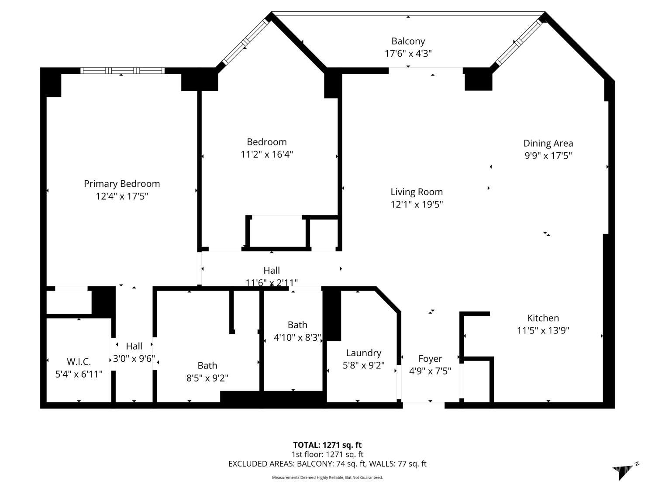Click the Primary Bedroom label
(x=122, y=184)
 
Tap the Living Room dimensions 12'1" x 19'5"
(x=417, y=205)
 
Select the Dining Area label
(x=548, y=144)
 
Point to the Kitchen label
(x=543, y=318)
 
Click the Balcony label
(x=408, y=41)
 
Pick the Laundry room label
(x=363, y=353)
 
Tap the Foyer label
(x=430, y=359)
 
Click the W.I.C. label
(x=79, y=362)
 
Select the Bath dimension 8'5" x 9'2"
(x=207, y=378)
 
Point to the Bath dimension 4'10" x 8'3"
(x=297, y=337)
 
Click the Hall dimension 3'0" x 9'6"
(x=134, y=358)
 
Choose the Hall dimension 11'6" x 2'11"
(x=272, y=282)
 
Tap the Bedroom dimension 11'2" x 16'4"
(x=267, y=155)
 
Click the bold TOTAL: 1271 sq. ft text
(x=327, y=445)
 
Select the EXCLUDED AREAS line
(x=327, y=464)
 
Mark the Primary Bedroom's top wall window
(x=122, y=71)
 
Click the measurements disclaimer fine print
(x=327, y=477)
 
